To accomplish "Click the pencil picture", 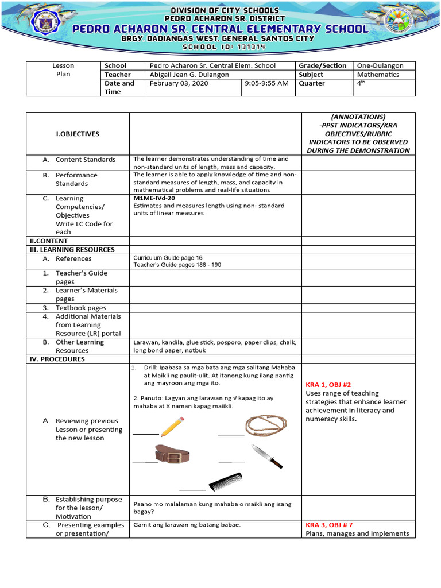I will (172, 427).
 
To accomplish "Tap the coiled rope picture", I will (266, 425).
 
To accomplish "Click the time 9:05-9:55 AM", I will (266, 83).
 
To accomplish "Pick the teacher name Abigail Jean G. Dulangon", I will (189, 75).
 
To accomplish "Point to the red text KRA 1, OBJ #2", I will (330, 385).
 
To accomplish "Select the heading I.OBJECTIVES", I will (77, 134).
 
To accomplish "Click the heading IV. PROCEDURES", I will (57, 359).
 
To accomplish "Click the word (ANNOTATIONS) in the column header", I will (358, 117).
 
